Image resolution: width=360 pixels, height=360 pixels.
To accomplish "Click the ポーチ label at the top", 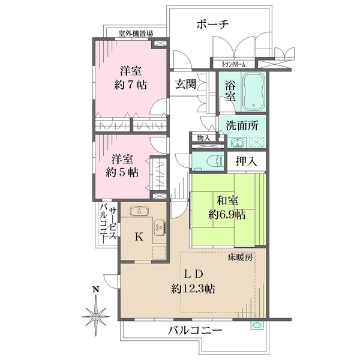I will click(213, 25).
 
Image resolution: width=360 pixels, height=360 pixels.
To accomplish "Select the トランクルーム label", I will click(234, 63).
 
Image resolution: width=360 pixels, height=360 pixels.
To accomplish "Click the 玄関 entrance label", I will click(184, 84).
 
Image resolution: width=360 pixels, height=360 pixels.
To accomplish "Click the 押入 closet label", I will click(245, 161).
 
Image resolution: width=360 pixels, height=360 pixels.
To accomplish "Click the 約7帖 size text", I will click(130, 84).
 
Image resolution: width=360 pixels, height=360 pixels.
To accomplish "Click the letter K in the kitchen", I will click(139, 236).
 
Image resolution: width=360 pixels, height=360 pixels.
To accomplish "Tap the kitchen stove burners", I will click(160, 228).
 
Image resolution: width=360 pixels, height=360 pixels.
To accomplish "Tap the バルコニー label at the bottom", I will click(195, 330).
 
